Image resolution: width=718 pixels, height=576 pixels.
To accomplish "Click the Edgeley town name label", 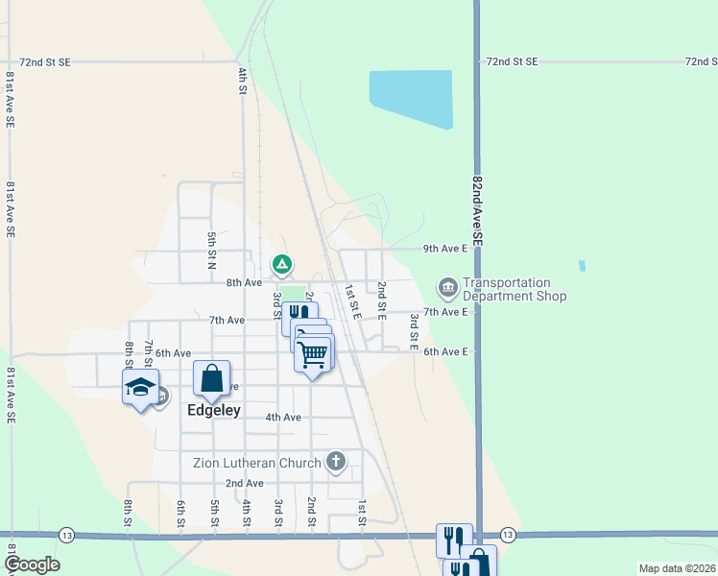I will pyautogui.click(x=212, y=409).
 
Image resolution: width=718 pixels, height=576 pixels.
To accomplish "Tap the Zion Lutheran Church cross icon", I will pyautogui.click(x=335, y=462).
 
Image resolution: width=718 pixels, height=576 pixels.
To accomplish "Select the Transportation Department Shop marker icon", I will pyautogui.click(x=447, y=286).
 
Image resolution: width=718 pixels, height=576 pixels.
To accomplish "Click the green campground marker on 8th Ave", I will pyautogui.click(x=281, y=263).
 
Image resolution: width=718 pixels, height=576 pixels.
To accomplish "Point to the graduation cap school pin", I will pyautogui.click(x=141, y=387).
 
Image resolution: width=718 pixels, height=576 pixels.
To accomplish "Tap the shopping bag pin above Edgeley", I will pyautogui.click(x=212, y=378).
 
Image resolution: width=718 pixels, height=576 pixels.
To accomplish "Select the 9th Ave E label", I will pyautogui.click(x=445, y=249).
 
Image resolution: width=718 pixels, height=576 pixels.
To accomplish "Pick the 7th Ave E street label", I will pyautogui.click(x=445, y=312).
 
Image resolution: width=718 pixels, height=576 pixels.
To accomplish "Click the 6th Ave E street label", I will pyautogui.click(x=445, y=351).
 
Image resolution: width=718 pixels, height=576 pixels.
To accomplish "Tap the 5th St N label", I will pyautogui.click(x=211, y=250).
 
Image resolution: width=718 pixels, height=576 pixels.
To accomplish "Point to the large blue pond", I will pyautogui.click(x=411, y=97).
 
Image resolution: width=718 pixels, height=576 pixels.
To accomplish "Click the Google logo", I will pyautogui.click(x=32, y=564).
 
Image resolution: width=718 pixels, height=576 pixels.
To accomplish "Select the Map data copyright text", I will pyautogui.click(x=676, y=568).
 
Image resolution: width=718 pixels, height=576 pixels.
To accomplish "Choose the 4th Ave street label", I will pyautogui.click(x=283, y=417).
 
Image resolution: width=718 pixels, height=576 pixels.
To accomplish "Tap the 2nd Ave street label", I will pyautogui.click(x=244, y=483).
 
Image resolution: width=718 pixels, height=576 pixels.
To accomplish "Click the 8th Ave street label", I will pyautogui.click(x=244, y=283).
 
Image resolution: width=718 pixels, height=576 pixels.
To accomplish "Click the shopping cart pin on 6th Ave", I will pyautogui.click(x=313, y=354).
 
